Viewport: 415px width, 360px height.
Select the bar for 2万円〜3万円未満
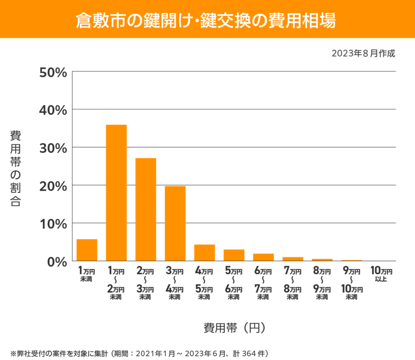pyautogui.click(x=146, y=210)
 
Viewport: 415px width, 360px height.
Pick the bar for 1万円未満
pyautogui.click(x=87, y=250)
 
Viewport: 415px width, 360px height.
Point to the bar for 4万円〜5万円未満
pyautogui.click(x=205, y=253)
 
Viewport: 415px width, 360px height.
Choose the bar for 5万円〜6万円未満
pyautogui.click(x=234, y=255)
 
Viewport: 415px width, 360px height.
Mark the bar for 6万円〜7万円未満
pyautogui.click(x=263, y=257)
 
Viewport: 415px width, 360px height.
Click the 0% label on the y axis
pyautogui.click(x=56, y=261)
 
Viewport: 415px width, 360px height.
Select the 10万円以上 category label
pyautogui.click(x=381, y=274)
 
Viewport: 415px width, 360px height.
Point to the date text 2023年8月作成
pyautogui.click(x=363, y=53)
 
